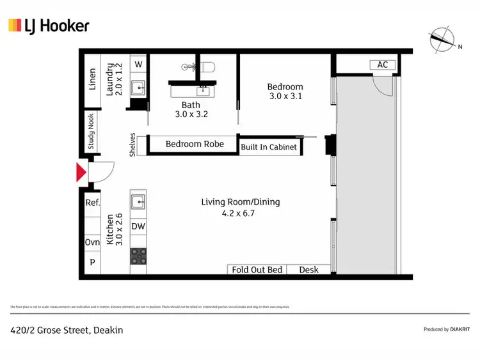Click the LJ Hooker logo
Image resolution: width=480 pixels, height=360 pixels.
49,26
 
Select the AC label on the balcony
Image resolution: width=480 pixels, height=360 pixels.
383,65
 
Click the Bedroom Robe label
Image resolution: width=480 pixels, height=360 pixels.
195,144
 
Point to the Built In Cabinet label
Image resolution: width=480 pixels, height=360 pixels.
269,147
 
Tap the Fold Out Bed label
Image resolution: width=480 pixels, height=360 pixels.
257,270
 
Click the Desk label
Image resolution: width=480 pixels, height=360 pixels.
309,270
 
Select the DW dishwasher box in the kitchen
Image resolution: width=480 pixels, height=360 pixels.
138,226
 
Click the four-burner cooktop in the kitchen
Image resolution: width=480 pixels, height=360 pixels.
139,256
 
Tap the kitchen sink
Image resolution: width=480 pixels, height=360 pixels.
139,202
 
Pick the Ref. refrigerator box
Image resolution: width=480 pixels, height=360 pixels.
93,202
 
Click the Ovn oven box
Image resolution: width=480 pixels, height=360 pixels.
93,243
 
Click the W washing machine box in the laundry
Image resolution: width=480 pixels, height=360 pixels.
139,65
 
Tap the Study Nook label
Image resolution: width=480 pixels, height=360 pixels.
92,130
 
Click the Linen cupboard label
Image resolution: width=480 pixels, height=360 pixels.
93,79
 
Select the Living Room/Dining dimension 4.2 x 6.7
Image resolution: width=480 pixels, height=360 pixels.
241,214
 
